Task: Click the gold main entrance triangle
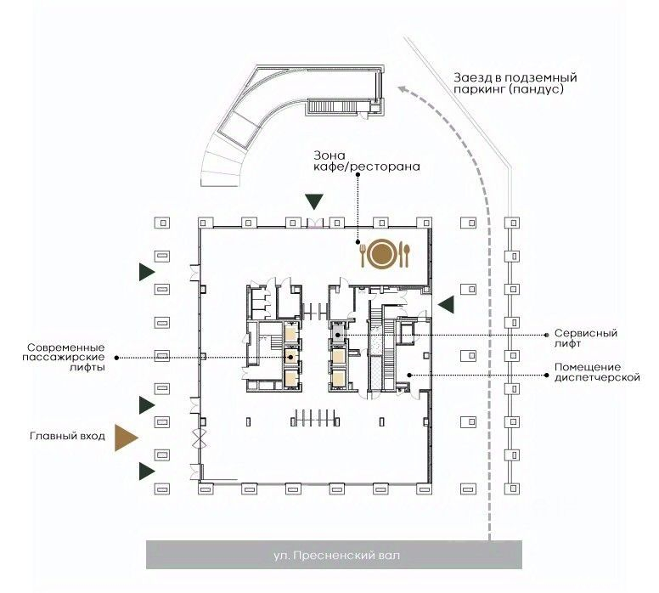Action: coord(124,438)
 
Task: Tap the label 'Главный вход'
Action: coord(67,436)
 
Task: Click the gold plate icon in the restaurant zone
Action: coord(381,254)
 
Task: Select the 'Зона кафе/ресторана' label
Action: coord(367,161)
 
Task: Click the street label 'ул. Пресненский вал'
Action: coord(336,555)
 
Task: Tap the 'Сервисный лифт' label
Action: coord(586,338)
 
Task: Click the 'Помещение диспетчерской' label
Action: coord(597,372)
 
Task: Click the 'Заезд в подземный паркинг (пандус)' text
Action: coord(515,83)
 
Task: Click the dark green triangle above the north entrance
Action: coord(314,202)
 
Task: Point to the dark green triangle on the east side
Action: coord(446,304)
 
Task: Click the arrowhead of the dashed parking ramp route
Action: coord(403,88)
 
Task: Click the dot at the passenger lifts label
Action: coord(116,358)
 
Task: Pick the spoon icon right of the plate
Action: coord(406,254)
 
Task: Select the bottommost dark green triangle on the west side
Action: coord(147,471)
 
